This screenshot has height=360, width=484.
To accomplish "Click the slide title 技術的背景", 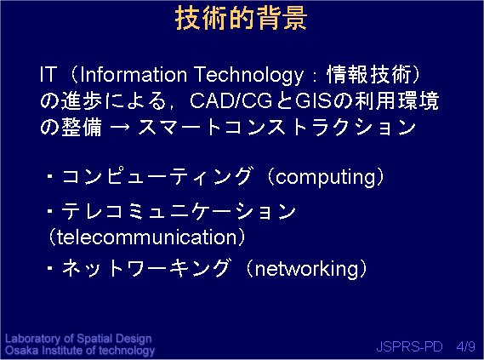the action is pos(241,19).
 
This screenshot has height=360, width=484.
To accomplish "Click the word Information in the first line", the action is pos(134,74).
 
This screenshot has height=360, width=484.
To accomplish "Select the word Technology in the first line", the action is pos(249,75).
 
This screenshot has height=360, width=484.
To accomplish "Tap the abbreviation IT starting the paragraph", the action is pos(48,74).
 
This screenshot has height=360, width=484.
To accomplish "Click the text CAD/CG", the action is pos(231,100).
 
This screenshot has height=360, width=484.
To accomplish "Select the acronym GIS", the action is pos(313,100).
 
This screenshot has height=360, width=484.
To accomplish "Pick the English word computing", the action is pos(325,177).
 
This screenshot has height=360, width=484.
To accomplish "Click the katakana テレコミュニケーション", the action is pos(179,211).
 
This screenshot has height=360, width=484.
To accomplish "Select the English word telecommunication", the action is pos(146,237).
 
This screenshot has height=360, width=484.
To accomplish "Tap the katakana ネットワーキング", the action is pos(146,268).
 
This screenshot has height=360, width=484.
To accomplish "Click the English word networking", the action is pos(307,269).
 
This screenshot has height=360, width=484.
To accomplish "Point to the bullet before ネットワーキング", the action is pos(50,268).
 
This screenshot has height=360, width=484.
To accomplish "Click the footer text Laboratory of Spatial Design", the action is pos(78,339).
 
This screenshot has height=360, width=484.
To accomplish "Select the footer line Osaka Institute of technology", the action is pos(80,351).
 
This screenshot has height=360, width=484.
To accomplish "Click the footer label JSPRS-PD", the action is pos(409,346).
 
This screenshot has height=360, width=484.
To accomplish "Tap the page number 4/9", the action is pos(466,346).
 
